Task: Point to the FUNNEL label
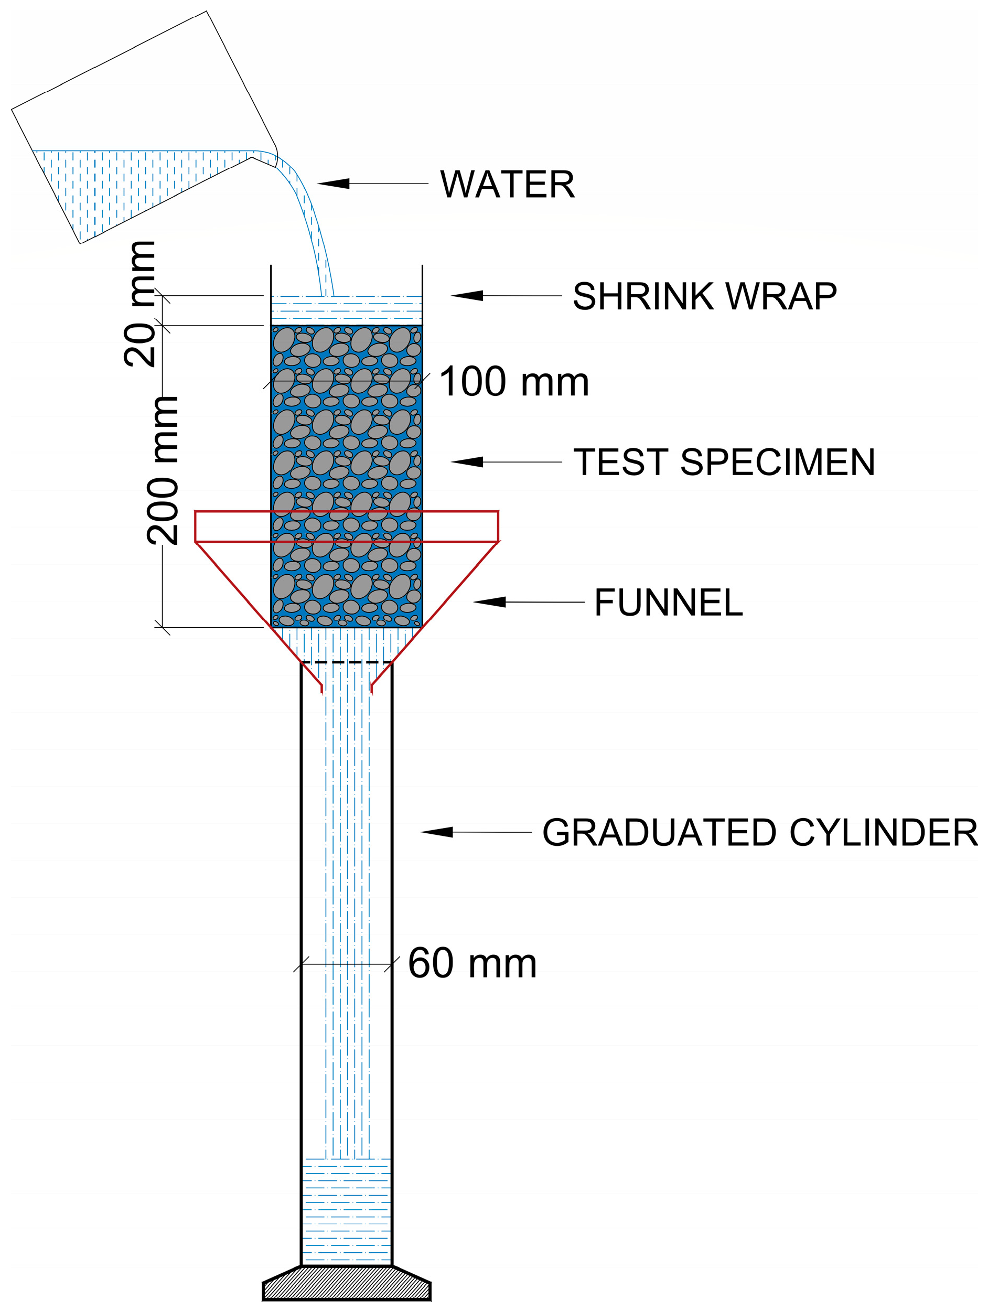point(668,603)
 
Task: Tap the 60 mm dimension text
point(472,963)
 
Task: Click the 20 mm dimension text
point(141,304)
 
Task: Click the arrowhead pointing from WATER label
point(334,184)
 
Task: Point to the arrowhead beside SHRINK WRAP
point(468,295)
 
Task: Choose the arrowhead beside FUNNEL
point(490,602)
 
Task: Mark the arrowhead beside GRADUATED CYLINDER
point(437,832)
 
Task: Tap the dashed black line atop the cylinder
point(347,662)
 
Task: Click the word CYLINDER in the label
point(883,833)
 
